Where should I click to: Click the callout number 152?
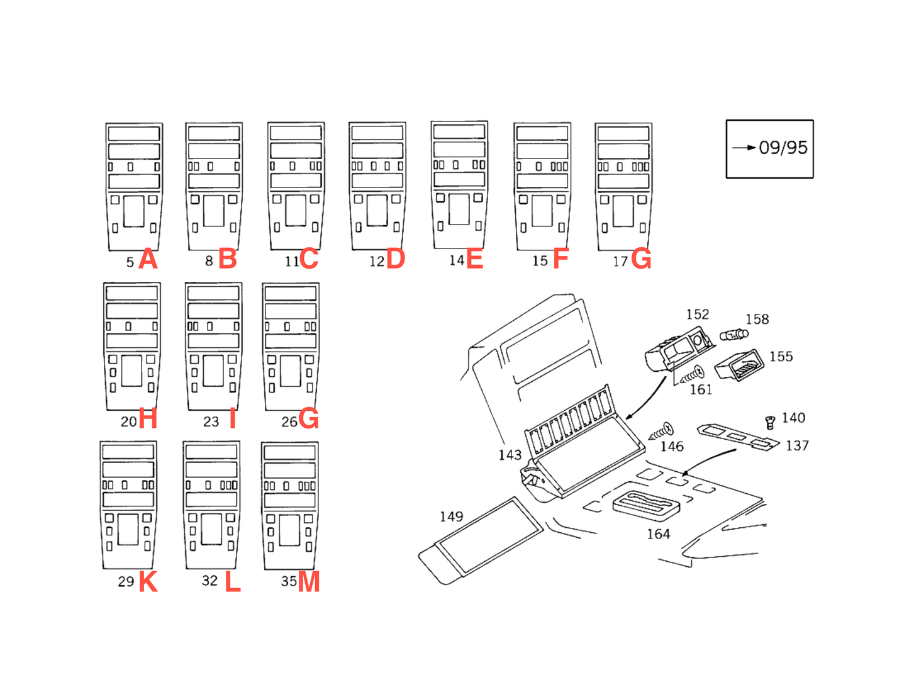pos(698,315)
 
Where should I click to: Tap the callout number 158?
pos(757,320)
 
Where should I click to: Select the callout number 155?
pos(781,357)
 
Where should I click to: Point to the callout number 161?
pos(701,389)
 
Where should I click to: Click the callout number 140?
pos(793,418)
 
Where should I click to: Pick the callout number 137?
pos(797,445)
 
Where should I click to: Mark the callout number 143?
pos(510,455)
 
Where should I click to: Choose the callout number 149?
pos(452,516)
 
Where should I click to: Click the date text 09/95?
pos(783,148)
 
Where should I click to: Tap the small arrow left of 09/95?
pos(744,148)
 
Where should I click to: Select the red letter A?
pos(148,259)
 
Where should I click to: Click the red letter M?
pos(308,581)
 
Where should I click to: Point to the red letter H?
pos(148,418)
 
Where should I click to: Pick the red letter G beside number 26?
pos(308,418)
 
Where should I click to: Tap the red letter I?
pos(232,418)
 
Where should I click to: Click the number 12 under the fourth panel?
pos(376,261)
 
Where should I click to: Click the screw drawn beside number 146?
pos(661,432)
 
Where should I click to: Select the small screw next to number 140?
pos(770,422)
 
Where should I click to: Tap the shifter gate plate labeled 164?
pos(645,506)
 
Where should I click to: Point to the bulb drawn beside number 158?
pos(734,335)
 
